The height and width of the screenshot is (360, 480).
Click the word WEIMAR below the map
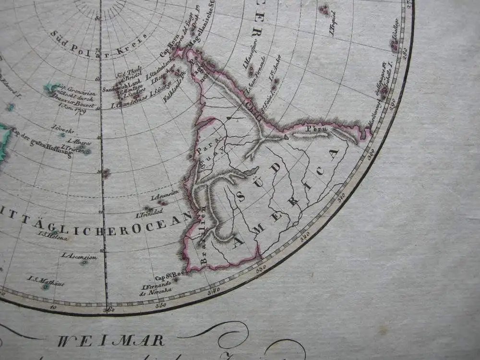(111, 341)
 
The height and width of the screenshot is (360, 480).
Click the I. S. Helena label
(53, 236)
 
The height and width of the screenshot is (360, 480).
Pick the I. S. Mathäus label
(45, 280)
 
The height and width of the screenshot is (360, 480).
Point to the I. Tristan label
(72, 148)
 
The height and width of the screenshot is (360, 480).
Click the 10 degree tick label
(53, 307)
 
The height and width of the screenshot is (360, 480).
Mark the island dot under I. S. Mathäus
(45, 287)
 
